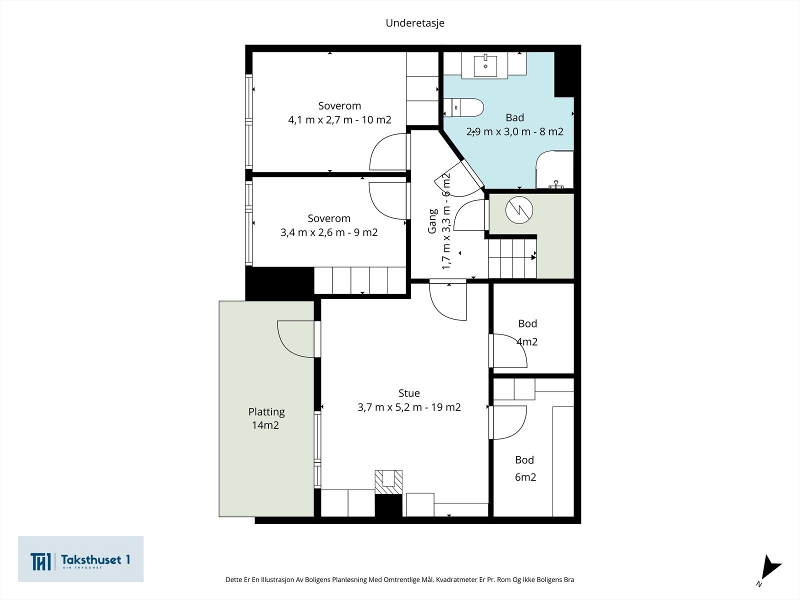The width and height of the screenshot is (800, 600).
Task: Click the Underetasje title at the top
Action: [415, 23]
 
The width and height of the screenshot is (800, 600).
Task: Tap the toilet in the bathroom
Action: [463, 107]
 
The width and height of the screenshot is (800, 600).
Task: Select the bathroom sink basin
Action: [485, 66]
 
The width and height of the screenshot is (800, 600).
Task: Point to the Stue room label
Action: [409, 393]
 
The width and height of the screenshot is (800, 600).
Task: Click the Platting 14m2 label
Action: [266, 418]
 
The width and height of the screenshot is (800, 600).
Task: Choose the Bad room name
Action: [514, 117]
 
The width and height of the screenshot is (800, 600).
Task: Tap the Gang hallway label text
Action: [432, 221]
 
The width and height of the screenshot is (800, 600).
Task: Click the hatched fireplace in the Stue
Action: [388, 482]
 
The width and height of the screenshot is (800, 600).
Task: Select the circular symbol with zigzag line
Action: [519, 210]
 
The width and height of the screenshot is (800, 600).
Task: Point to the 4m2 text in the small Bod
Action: [527, 341]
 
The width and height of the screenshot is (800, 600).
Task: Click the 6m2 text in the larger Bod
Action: [525, 477]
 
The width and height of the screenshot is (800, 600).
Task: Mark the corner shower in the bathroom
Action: [554, 170]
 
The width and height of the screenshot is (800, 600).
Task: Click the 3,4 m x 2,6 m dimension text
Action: [328, 232]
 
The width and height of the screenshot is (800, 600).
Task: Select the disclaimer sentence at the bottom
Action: [400, 579]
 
